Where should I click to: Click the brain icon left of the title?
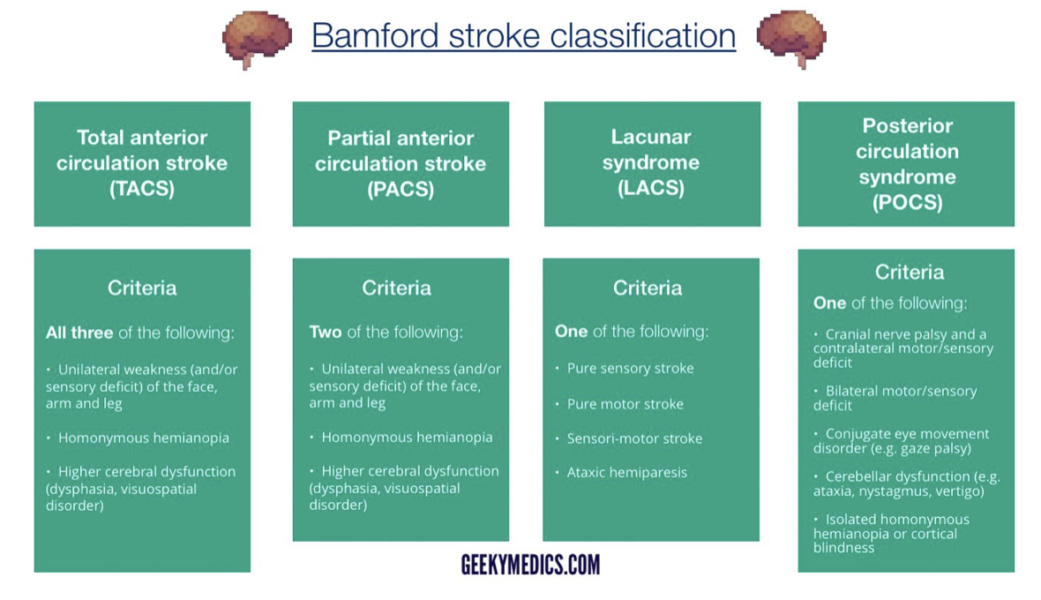click(257, 38)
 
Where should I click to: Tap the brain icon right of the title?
click(791, 38)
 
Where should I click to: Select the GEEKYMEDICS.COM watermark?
click(530, 565)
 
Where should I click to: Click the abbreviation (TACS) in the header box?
click(142, 188)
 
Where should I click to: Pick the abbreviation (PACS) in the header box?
click(401, 189)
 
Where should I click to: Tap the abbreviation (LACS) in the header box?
click(651, 188)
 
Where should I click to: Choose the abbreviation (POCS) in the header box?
click(907, 202)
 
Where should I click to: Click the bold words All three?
click(79, 333)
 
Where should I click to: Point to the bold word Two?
click(326, 333)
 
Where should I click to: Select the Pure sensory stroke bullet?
click(630, 368)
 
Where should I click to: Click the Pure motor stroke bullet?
click(625, 404)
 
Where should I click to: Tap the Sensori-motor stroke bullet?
click(634, 439)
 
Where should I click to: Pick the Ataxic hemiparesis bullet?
click(626, 472)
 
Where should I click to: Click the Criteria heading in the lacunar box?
click(648, 288)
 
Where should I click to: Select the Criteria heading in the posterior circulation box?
click(910, 272)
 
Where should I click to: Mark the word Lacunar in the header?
click(651, 137)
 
